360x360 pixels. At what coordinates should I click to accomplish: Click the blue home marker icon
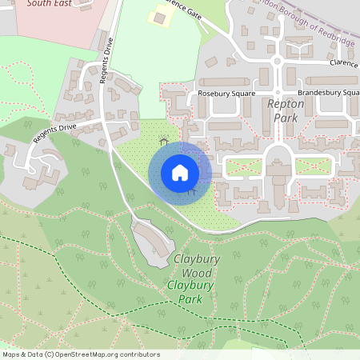coord(180,173)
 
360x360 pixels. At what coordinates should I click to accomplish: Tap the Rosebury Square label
coord(226,94)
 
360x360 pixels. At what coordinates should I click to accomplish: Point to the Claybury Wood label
coord(193,266)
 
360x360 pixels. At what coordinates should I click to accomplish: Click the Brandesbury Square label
coord(328,93)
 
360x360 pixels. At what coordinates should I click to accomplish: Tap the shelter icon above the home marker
coord(164,142)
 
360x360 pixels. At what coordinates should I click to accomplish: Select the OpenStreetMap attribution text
coord(81,354)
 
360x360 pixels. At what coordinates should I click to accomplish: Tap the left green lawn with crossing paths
coord(243,167)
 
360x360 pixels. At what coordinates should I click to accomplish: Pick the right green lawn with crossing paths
coord(313,166)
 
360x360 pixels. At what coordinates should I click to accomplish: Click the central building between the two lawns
coord(278,174)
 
